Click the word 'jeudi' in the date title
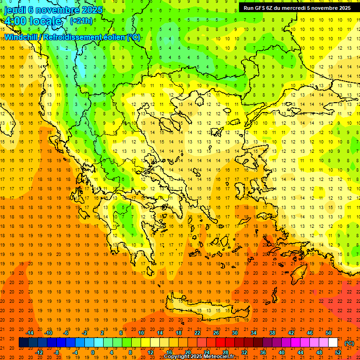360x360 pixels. coord(15,10)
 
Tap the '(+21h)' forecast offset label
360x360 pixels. coord(81,21)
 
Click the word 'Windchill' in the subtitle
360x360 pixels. coord(22,37)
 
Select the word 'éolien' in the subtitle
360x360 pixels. coord(113,37)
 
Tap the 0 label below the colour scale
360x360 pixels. coord(93,352)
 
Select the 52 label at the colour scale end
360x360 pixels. coord(337,352)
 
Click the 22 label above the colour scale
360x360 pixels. coord(197,333)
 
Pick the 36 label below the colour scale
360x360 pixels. coord(262,352)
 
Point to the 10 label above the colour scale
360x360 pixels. coord(141,333)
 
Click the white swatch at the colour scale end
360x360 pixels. coord(333,343)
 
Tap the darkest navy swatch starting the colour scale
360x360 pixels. coord(23,343)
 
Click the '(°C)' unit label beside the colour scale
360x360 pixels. coord(349,343)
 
